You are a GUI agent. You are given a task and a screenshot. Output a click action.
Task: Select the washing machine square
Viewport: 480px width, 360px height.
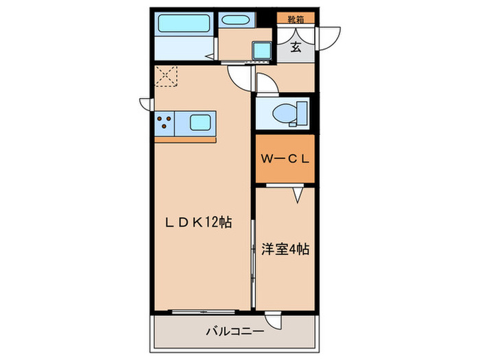tap(262, 50)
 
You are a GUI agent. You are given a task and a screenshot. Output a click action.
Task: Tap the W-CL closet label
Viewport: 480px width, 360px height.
tap(285, 158)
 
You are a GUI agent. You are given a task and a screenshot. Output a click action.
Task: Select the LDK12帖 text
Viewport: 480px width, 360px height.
tap(197, 222)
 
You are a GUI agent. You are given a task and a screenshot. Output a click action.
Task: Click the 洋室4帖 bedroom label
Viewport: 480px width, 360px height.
tap(285, 249)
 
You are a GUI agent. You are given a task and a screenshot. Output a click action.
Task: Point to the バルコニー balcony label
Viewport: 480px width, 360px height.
tap(235, 332)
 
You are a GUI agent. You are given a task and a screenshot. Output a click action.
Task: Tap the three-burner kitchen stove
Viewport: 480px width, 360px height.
tap(165, 123)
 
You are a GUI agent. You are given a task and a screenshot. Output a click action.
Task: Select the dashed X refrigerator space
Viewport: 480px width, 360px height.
tap(167, 75)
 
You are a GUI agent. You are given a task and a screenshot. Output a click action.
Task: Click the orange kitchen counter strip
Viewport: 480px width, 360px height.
tap(185, 139)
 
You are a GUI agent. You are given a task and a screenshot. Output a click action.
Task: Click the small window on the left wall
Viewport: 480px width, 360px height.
tap(145, 104)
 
